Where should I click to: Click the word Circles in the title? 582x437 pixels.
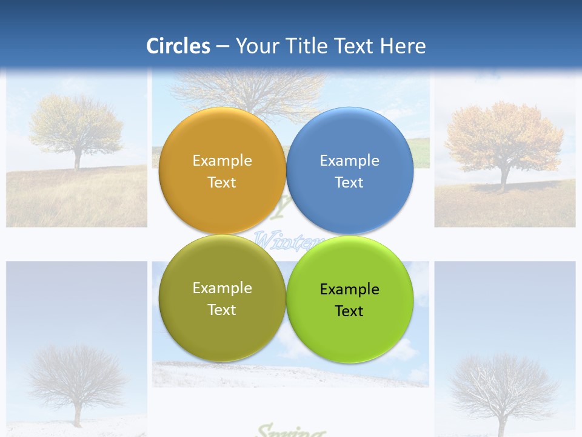point(178,46)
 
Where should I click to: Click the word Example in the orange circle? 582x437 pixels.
point(222,160)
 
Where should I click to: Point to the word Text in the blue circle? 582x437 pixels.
point(349,182)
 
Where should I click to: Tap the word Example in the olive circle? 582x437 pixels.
point(222,288)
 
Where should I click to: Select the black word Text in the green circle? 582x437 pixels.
point(349,311)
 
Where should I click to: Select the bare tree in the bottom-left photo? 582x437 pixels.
point(77,376)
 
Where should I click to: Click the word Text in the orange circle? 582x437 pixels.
point(222,182)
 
